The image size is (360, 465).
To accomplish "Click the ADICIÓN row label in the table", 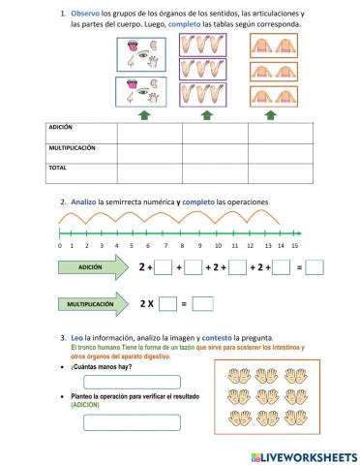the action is (x=61, y=127).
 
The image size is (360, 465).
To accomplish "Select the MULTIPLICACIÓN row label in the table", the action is (x=73, y=148).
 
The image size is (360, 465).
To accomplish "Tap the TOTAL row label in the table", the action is (x=57, y=167).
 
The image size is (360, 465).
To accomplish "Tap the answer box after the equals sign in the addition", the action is (x=314, y=267).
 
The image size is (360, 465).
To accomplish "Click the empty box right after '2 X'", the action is (x=167, y=304).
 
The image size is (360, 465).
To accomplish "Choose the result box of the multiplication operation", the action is (x=202, y=304).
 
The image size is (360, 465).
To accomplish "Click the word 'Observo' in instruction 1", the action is (x=86, y=13).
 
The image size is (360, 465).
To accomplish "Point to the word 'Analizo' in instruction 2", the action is (x=86, y=201).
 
